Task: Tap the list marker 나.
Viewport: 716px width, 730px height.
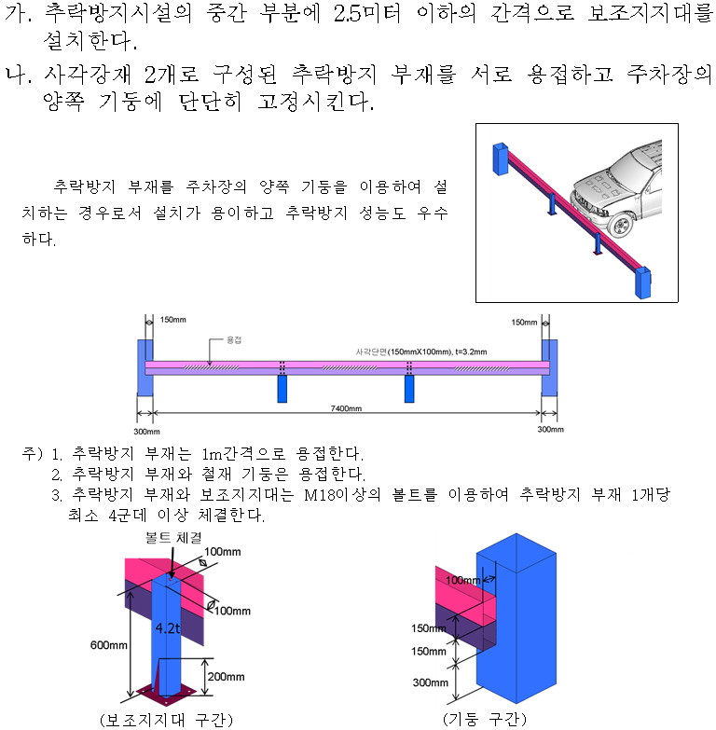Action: click(18, 75)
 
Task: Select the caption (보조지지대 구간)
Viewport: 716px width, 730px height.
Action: click(165, 719)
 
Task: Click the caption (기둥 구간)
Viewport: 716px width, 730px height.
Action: click(485, 719)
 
